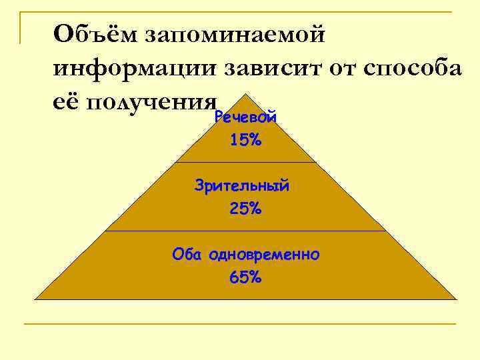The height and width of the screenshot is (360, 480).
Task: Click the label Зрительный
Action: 242,186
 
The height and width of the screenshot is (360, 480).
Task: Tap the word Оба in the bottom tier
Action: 188,254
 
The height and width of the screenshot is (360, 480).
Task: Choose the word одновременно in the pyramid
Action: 264,255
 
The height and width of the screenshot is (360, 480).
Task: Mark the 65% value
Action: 245,277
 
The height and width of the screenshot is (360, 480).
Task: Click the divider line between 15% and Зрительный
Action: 245,162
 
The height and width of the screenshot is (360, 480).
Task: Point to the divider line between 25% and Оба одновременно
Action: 245,231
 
